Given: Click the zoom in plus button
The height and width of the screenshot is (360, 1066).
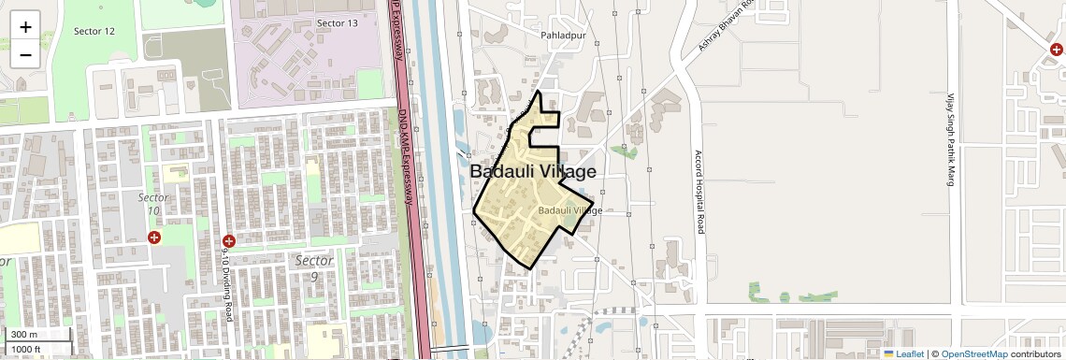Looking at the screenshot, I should (x=25, y=27).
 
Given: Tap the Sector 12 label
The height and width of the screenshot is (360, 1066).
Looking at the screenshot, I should (x=94, y=31).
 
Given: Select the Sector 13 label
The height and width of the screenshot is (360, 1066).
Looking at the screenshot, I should (x=337, y=22).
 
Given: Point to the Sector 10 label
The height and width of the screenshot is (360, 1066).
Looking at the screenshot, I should (x=153, y=204).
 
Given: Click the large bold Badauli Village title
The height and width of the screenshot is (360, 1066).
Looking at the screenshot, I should (x=532, y=172).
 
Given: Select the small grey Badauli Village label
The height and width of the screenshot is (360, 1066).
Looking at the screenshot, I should (x=570, y=210).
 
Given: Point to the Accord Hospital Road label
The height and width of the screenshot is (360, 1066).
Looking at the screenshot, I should (x=698, y=192).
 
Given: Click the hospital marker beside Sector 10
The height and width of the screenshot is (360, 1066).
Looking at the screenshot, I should (x=154, y=238).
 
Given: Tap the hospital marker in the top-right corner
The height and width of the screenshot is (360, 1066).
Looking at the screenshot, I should (x=1056, y=50).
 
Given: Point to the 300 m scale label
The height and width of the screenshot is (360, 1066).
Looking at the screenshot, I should (x=25, y=335).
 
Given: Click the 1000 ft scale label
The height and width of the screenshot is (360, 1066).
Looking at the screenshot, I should (x=27, y=349).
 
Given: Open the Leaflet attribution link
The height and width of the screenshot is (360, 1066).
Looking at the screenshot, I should (x=903, y=353).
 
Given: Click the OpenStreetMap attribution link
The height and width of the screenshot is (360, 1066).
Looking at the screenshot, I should (x=973, y=353).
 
